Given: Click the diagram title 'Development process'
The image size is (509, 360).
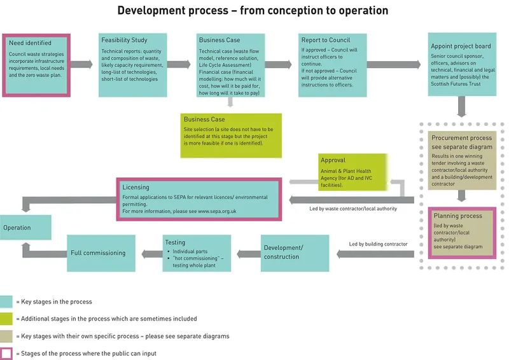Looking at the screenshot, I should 253,11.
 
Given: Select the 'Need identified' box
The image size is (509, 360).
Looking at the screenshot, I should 36,64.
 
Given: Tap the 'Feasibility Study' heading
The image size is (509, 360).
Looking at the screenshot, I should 125,40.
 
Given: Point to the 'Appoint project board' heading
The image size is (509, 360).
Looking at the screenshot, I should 461,46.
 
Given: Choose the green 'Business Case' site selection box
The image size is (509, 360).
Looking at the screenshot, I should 230,135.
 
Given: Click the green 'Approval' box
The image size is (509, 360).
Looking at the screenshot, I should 352,172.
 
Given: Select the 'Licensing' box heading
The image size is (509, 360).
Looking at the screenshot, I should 137,188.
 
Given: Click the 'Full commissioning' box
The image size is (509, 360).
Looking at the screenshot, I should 101,253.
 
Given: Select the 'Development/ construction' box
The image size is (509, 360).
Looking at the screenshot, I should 295,253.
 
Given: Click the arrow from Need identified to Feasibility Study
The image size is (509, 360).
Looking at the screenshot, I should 84,64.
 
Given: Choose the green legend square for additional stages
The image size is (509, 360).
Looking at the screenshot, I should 8,319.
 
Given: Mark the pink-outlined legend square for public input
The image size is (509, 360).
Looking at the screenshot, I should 8,353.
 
